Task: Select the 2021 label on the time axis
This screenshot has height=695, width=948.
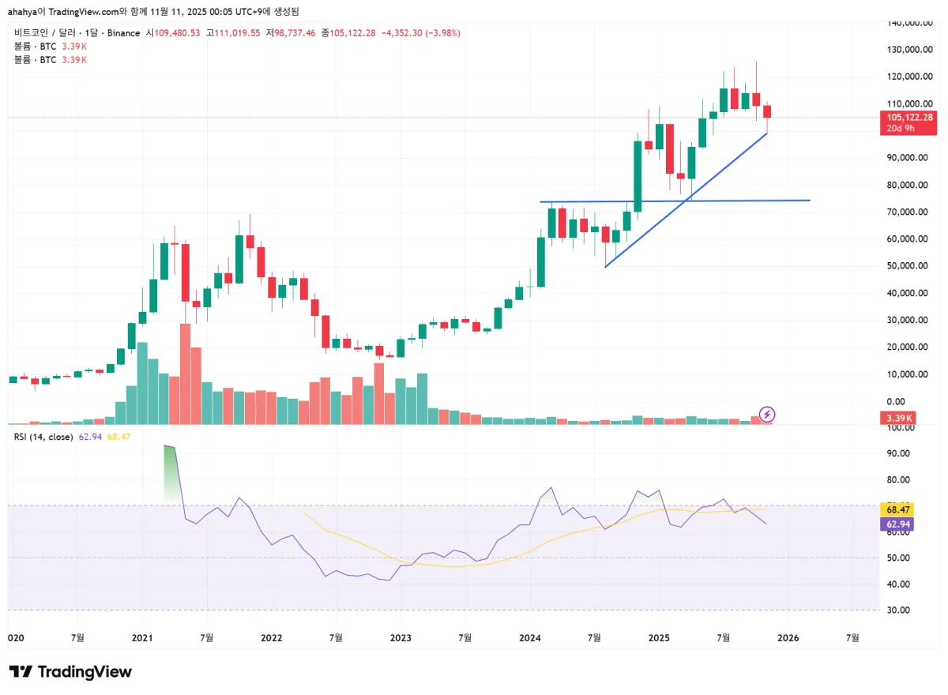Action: tap(142, 637)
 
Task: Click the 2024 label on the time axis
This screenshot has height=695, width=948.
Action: tap(530, 637)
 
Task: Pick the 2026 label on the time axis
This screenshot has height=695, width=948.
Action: tap(788, 637)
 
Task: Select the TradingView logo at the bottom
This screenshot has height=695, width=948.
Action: tap(70, 672)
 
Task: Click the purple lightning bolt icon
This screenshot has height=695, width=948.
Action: tap(766, 414)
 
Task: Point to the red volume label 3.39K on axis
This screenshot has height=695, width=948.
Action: tap(900, 418)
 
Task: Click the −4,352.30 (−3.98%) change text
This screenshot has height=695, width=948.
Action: tap(420, 33)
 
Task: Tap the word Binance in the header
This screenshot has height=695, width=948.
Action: tap(123, 33)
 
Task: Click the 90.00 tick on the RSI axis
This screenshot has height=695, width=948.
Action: tap(898, 453)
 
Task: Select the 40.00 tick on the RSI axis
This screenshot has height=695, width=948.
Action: tap(898, 584)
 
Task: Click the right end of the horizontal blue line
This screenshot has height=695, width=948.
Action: tap(809, 201)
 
